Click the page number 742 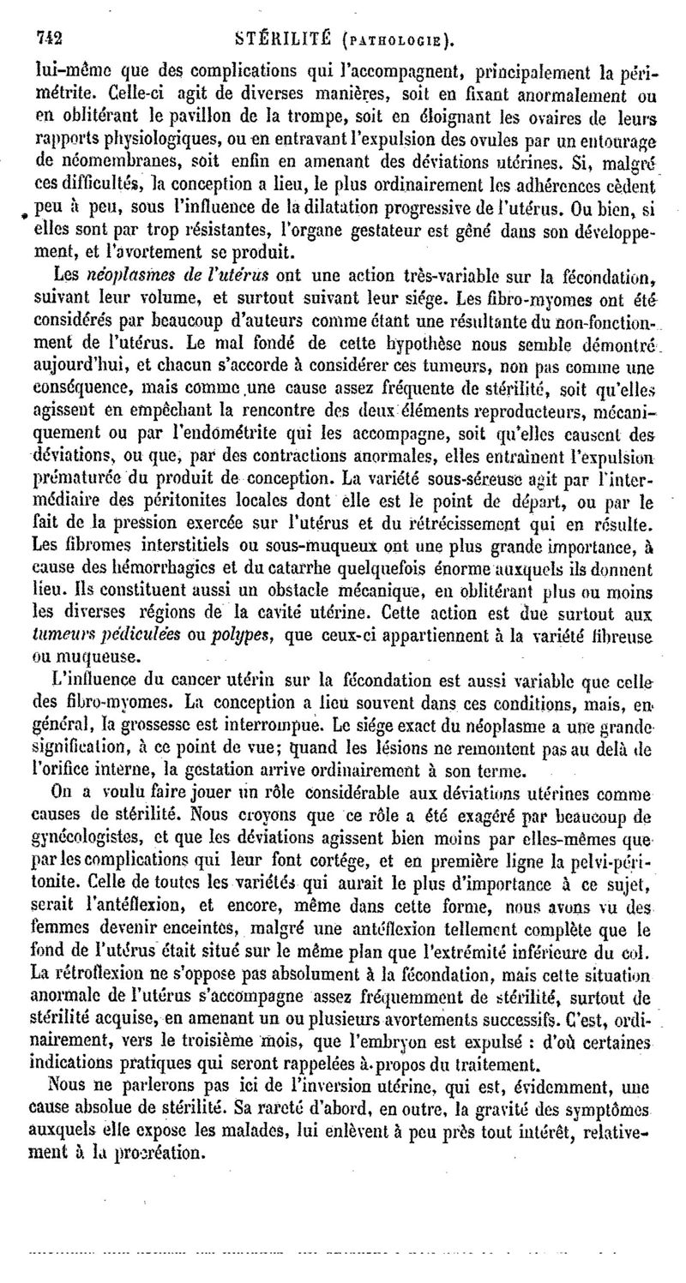51,38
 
